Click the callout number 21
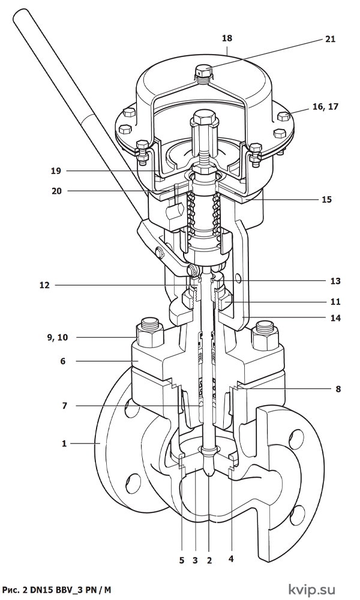[x=330, y=39]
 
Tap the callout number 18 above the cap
[x=227, y=38]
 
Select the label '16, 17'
[x=325, y=106]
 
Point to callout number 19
[x=56, y=170]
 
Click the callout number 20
[x=56, y=191]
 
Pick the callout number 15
[x=326, y=199]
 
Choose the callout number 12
[x=45, y=285]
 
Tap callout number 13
[x=335, y=281]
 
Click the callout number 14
[x=335, y=317]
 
